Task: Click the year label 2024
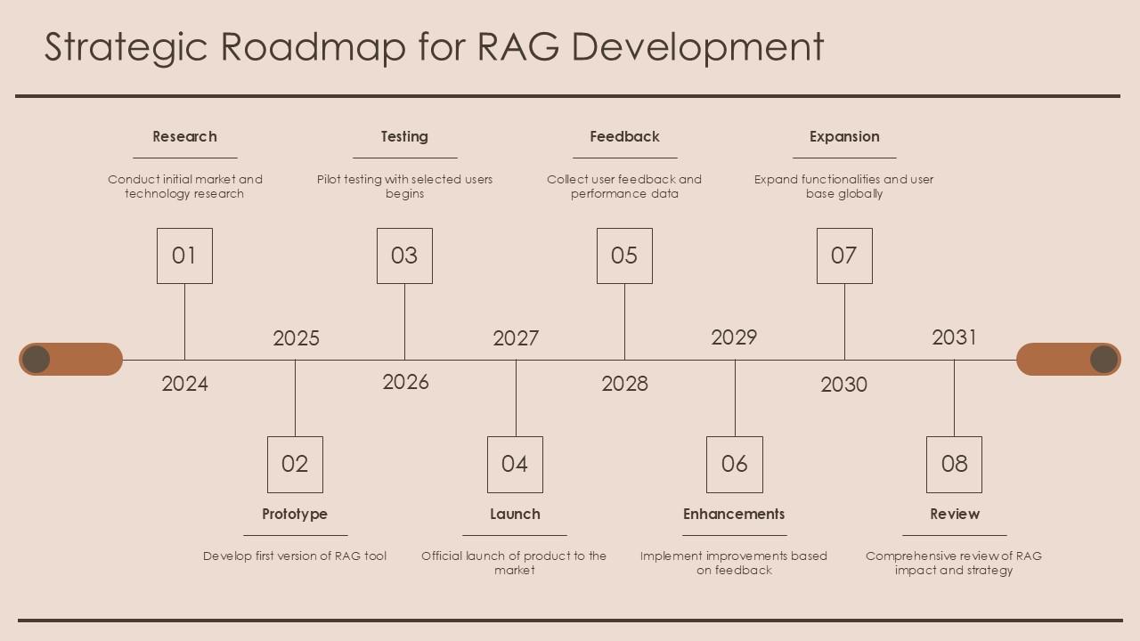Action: click(184, 384)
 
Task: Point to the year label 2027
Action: click(516, 338)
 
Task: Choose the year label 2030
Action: click(843, 385)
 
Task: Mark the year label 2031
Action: click(954, 337)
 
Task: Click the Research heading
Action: click(184, 136)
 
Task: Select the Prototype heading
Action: click(295, 515)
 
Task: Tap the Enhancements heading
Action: click(734, 514)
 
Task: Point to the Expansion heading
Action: click(844, 137)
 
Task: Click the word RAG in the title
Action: click(518, 46)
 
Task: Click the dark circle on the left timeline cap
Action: click(36, 359)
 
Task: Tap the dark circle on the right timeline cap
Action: click(1103, 359)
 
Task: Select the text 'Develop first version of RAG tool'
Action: click(295, 556)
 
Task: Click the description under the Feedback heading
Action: click(624, 186)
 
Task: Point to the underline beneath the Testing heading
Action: click(405, 158)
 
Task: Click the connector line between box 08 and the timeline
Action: click(954, 398)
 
